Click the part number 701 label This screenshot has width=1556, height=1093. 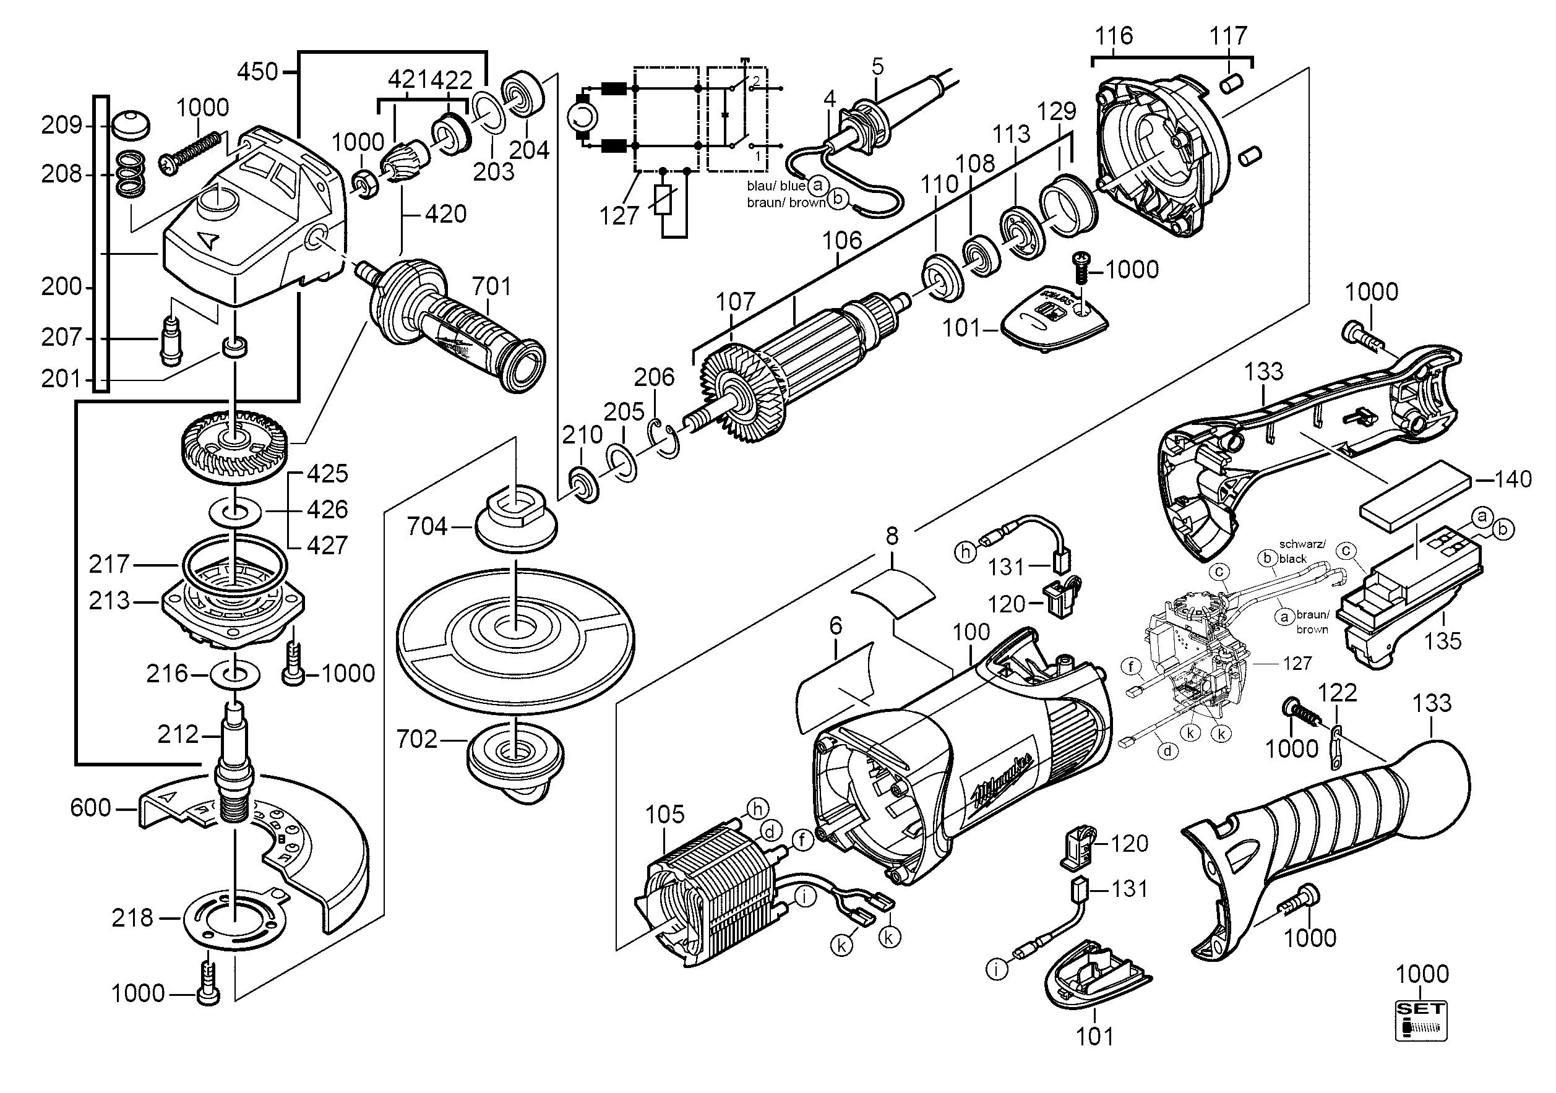click(491, 286)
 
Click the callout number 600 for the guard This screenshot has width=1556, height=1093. click(90, 808)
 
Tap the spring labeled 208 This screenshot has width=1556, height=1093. click(132, 174)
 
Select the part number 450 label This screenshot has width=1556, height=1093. click(257, 71)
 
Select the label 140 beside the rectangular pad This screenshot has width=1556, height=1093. click(1513, 480)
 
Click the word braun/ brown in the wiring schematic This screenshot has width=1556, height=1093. click(786, 203)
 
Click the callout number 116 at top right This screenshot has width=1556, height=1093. click(1114, 35)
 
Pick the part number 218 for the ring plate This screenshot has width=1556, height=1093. click(133, 918)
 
